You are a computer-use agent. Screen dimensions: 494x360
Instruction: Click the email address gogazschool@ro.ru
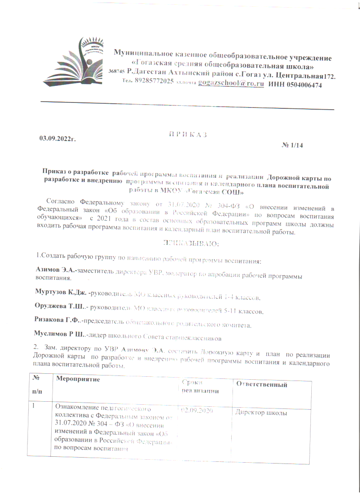(x=231, y=85)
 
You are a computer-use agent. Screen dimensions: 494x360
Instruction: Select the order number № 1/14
(x=292, y=146)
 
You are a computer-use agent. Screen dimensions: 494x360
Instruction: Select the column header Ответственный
(x=261, y=385)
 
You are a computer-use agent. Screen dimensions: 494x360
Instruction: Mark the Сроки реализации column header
(x=200, y=386)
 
